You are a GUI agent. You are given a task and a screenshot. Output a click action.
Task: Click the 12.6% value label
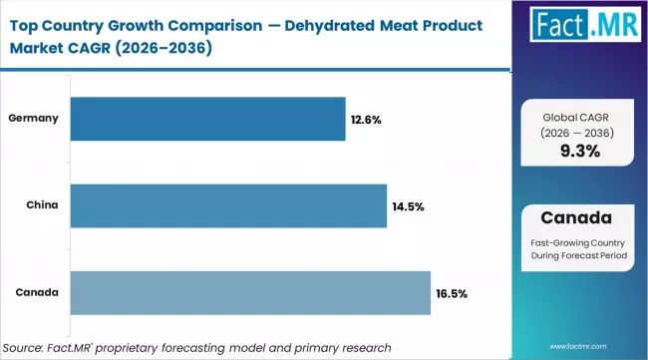[x=365, y=120]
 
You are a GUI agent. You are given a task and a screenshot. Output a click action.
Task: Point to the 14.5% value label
[x=408, y=206]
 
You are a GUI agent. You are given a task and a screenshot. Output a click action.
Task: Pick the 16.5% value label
[x=451, y=293]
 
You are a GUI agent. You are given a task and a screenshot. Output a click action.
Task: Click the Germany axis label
[x=34, y=118]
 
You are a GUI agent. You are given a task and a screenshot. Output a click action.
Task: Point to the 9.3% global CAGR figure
[x=580, y=152]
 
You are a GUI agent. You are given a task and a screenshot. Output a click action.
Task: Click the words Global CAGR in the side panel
[x=580, y=116]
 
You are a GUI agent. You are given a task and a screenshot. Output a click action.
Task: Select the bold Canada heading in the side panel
[x=580, y=216]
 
